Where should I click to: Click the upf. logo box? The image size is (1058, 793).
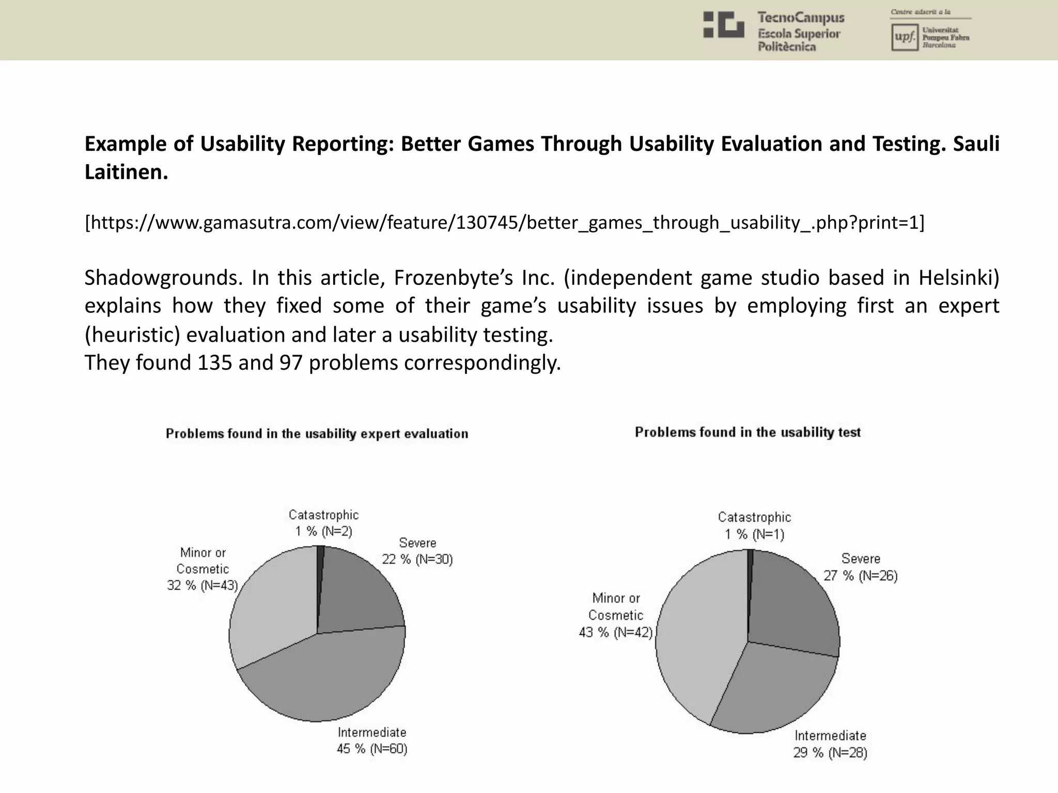(x=904, y=38)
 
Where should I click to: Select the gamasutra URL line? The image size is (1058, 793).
(x=504, y=223)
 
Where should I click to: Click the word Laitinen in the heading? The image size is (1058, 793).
(x=126, y=172)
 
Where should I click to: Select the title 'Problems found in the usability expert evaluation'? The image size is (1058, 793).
(x=317, y=434)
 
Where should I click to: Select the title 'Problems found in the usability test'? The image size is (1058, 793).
(x=748, y=432)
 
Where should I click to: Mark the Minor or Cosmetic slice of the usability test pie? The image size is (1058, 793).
(x=697, y=635)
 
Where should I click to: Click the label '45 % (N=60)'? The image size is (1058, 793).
(x=372, y=749)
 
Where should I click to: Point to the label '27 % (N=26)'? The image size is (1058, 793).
(x=861, y=576)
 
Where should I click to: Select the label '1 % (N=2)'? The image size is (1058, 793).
(x=324, y=531)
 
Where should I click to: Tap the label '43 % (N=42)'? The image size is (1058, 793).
(x=616, y=632)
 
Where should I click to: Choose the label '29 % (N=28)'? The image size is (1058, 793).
(x=830, y=753)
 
